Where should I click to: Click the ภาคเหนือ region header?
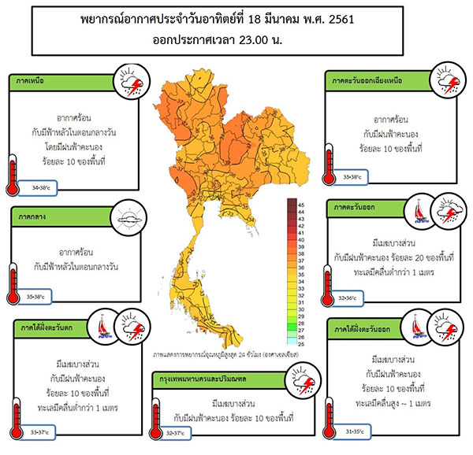tap(29, 80)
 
